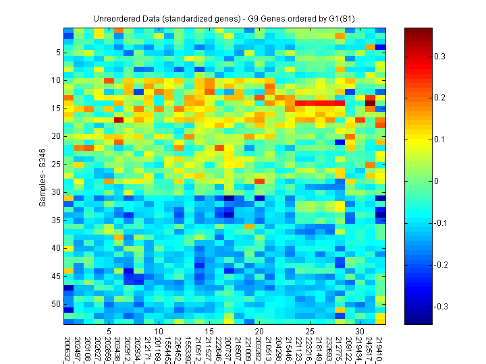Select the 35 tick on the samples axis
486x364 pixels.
(56, 220)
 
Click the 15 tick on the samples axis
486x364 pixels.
(56, 108)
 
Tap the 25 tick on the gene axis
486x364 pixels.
(309, 332)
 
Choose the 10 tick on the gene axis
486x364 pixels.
(159, 332)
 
